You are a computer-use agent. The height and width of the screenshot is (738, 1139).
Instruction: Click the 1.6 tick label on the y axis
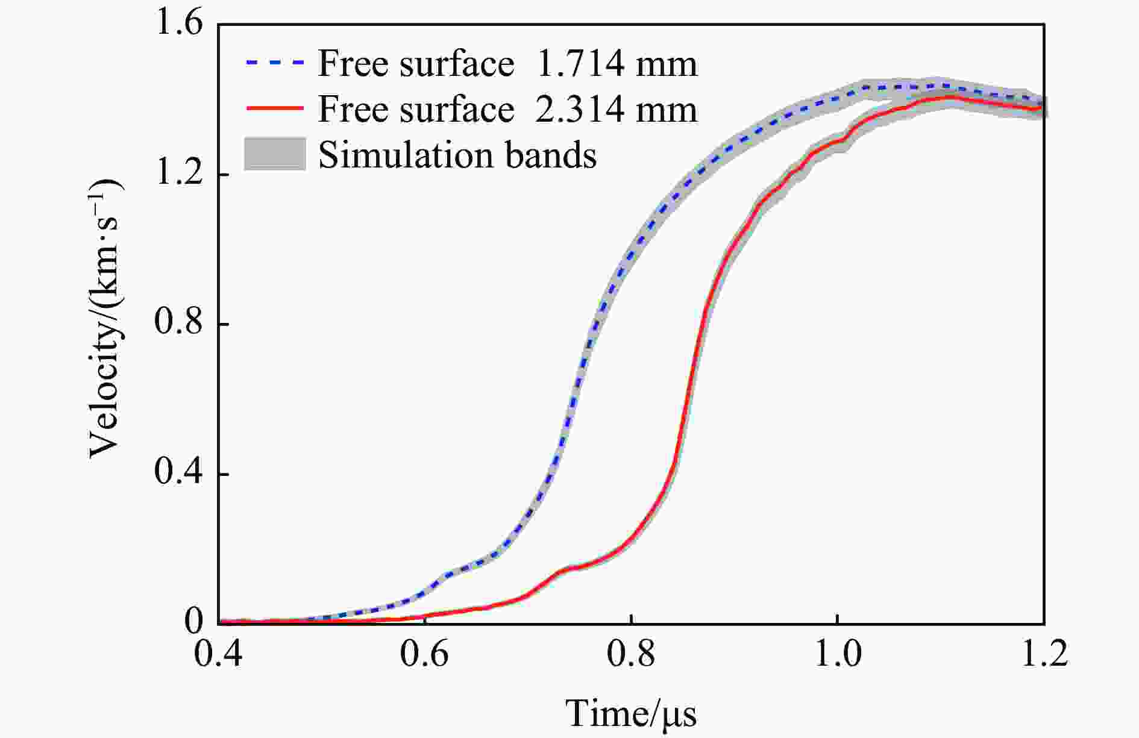(179, 25)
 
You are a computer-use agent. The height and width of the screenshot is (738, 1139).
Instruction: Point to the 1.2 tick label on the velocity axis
(179, 174)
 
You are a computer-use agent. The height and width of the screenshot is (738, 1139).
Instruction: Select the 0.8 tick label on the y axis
(179, 324)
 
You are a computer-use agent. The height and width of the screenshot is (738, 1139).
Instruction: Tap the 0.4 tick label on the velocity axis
(179, 474)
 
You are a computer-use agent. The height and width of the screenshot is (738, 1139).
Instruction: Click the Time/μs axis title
(631, 714)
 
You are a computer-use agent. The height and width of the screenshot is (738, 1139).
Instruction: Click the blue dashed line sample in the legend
(274, 63)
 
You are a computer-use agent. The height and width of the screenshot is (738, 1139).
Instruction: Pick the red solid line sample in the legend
(274, 108)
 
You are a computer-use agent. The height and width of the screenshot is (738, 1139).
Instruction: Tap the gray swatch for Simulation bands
(274, 154)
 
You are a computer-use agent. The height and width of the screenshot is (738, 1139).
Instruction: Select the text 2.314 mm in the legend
(616, 109)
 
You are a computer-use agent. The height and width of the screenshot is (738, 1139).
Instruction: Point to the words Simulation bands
(457, 155)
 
